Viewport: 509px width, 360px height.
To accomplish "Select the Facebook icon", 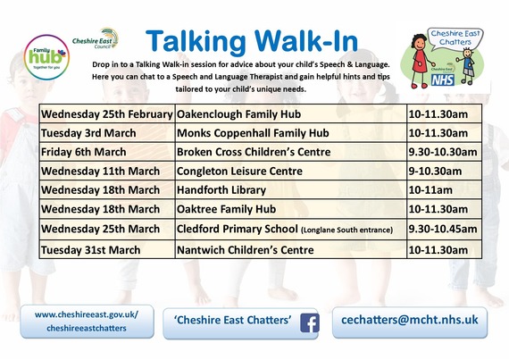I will tap(310, 322).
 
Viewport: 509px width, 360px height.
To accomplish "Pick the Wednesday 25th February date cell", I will tap(106, 114).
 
